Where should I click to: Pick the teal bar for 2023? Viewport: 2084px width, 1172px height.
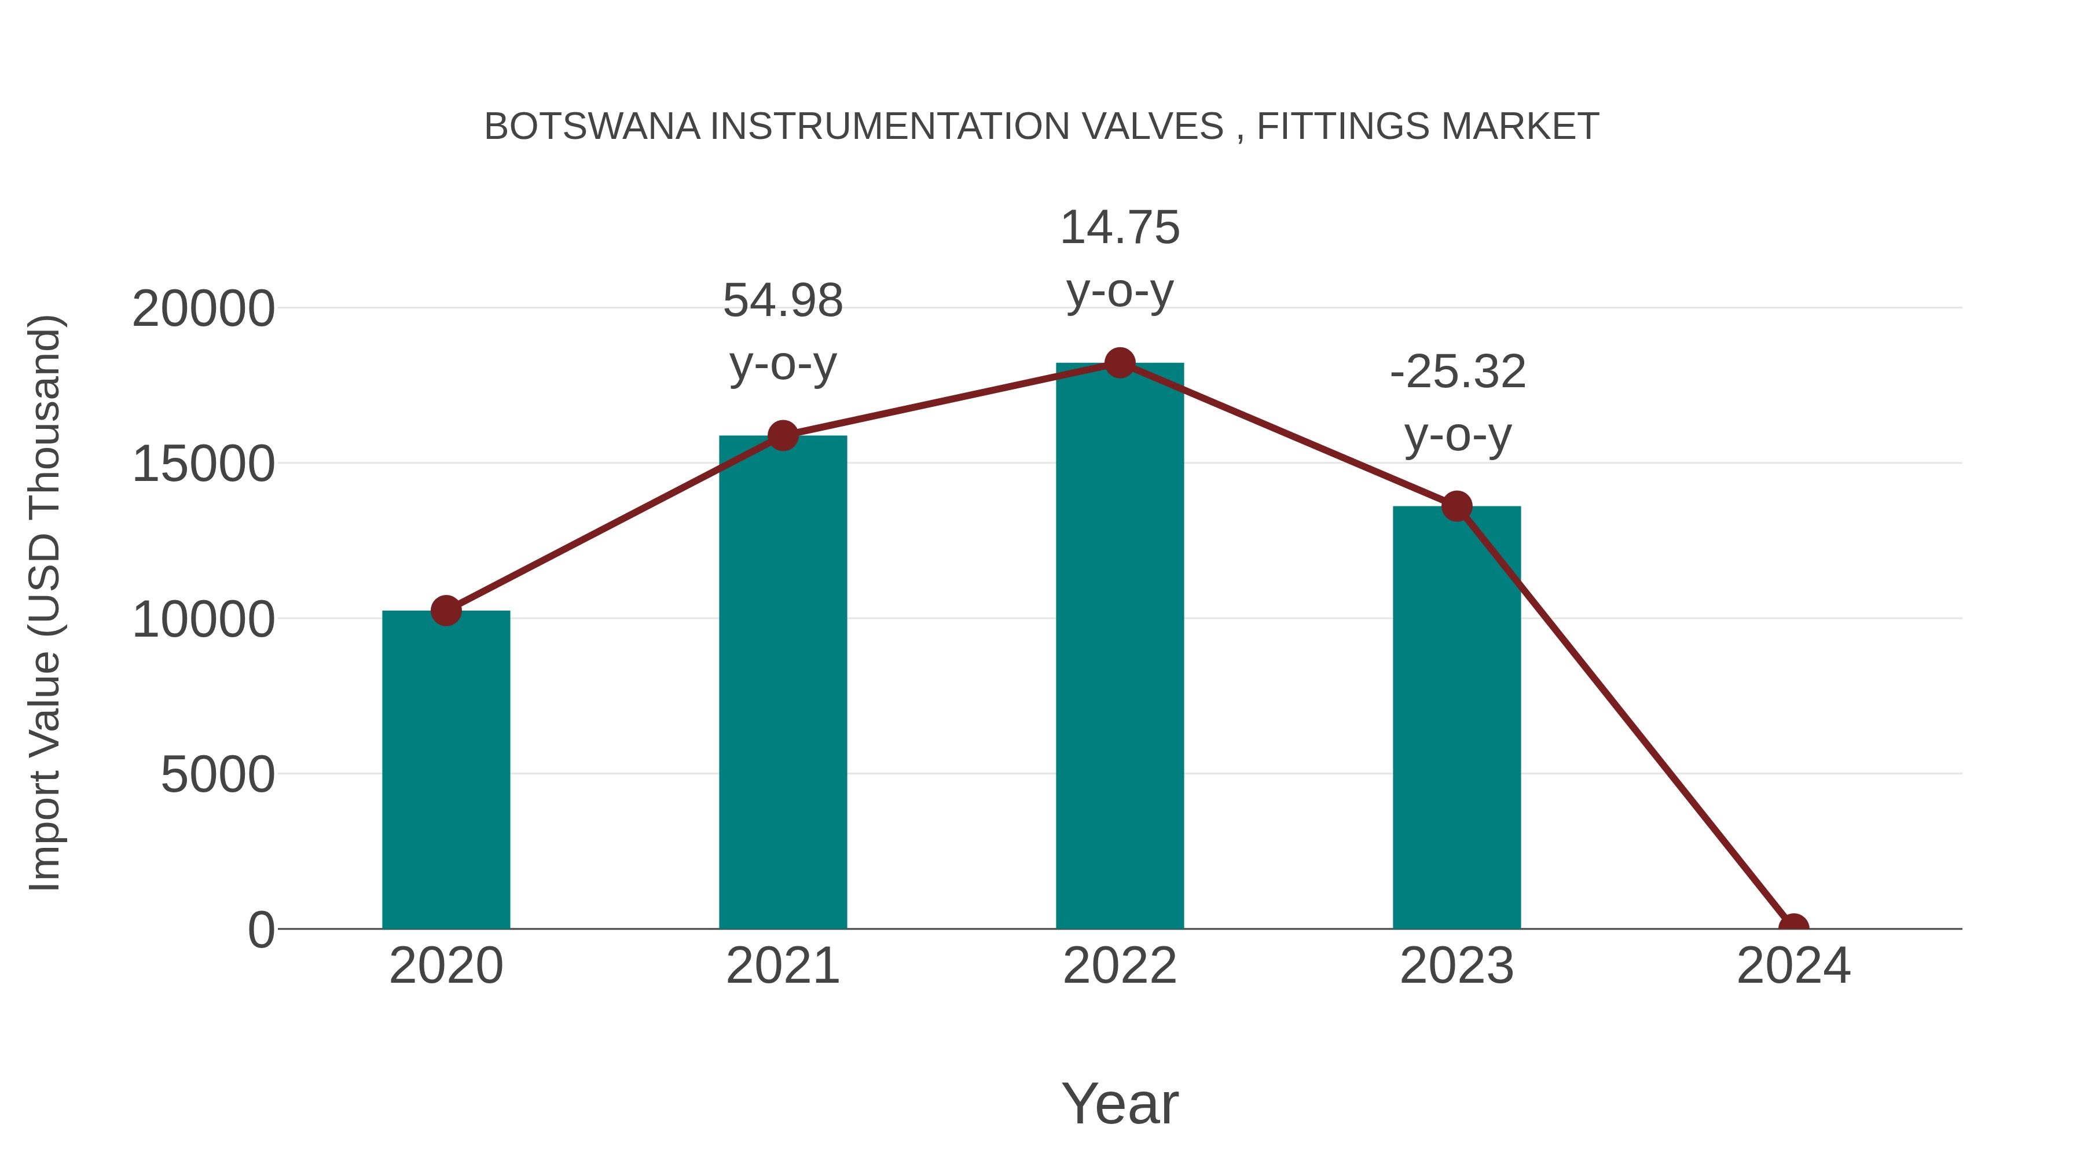(x=1456, y=718)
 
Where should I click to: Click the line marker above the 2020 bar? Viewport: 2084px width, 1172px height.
(x=446, y=611)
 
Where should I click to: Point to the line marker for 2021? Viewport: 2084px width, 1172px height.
(x=782, y=435)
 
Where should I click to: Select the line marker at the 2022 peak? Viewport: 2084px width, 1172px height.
(x=1120, y=363)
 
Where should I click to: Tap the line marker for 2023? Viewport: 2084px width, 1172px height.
(x=1456, y=506)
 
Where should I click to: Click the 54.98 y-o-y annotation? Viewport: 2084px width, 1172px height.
(x=782, y=332)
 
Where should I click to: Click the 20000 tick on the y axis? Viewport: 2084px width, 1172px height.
(x=203, y=309)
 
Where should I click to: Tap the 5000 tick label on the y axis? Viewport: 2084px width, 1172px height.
(x=218, y=775)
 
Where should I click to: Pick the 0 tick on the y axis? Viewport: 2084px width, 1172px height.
(x=261, y=930)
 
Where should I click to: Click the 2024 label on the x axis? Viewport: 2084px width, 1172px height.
(x=1793, y=966)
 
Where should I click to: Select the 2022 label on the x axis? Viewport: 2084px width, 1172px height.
(x=1120, y=966)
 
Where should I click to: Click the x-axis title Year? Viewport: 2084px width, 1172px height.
(x=1120, y=1103)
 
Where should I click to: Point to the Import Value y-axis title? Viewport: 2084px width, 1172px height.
(x=45, y=602)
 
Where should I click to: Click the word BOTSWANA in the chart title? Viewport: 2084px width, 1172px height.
(x=592, y=127)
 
